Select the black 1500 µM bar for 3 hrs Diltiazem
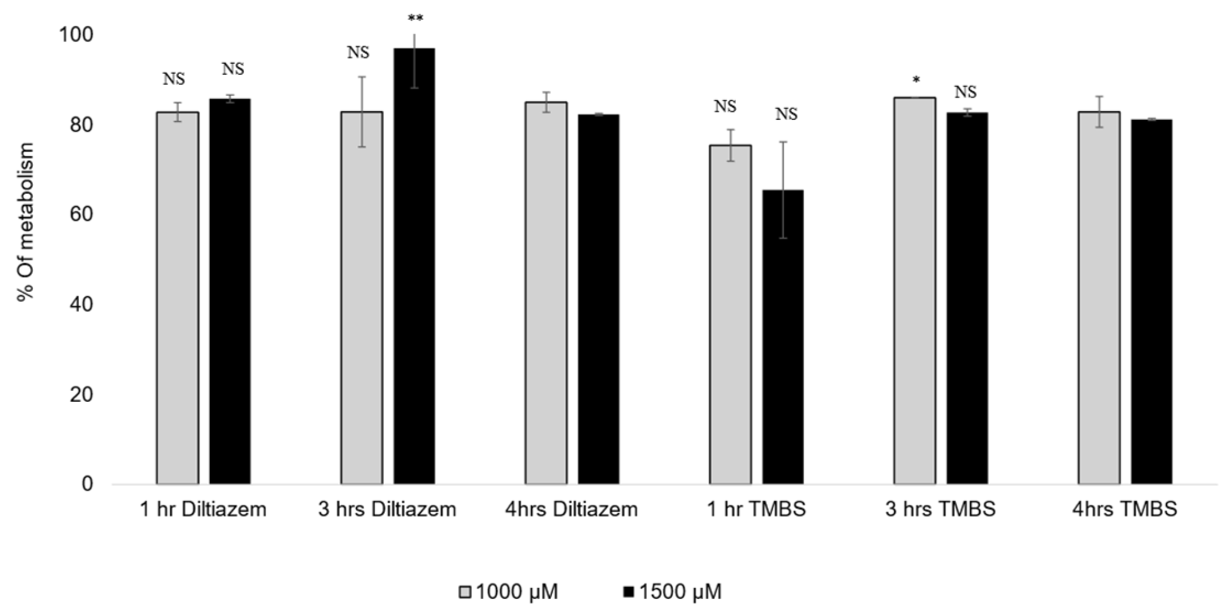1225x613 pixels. (414, 266)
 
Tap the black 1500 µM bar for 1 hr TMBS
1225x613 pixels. (782, 336)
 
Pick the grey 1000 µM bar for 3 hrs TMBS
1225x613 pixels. (915, 290)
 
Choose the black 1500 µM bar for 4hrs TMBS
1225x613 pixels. (1151, 301)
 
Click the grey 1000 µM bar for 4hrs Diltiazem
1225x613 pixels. (546, 292)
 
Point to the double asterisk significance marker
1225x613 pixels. (415, 19)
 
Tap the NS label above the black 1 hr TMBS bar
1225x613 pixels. (786, 114)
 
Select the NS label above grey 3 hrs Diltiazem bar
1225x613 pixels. (358, 53)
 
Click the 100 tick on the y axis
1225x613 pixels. (75, 35)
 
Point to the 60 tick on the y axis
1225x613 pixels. (82, 215)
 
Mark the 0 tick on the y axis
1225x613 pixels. (87, 484)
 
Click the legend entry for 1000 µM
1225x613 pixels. (508, 592)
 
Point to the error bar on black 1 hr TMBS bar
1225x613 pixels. (783, 190)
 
